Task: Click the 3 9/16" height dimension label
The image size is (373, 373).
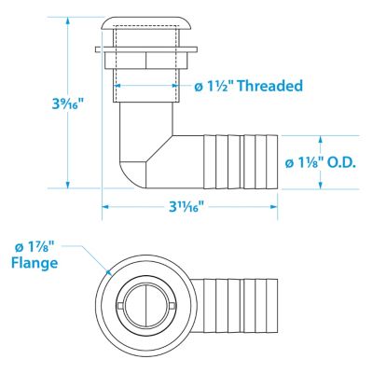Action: point(68,104)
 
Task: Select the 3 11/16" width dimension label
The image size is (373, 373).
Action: point(186,206)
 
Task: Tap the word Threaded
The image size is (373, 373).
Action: point(270,86)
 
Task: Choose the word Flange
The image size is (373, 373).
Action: point(35,263)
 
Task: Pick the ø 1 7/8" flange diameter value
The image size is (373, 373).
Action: point(35,248)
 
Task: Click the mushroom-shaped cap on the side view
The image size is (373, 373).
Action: point(144,23)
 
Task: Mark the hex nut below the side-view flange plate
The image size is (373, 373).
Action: point(146,61)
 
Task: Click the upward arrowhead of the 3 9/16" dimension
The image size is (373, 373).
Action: point(68,21)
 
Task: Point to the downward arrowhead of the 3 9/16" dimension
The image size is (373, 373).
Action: point(68,185)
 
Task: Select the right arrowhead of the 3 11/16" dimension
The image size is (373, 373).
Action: point(274,206)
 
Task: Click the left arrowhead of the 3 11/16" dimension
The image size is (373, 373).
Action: point(105,206)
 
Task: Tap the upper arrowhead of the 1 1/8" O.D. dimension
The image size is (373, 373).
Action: point(321,139)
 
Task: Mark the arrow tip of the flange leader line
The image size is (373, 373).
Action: point(108,272)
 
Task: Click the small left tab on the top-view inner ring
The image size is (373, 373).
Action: point(120,306)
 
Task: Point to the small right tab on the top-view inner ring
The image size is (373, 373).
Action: point(174,306)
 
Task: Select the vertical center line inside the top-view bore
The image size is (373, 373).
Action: point(146,306)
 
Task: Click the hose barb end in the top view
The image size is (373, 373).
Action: point(241,306)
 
